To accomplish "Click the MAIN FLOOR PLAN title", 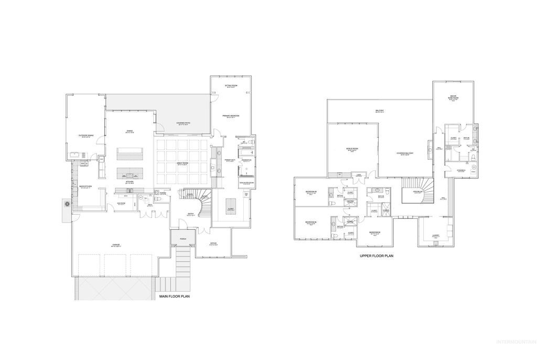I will pyautogui.click(x=174, y=297).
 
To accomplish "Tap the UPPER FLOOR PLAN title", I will pyautogui.click(x=376, y=256).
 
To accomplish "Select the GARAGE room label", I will pyautogui.click(x=115, y=245).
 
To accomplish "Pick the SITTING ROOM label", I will pyautogui.click(x=231, y=85).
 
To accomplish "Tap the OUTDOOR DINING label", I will pyautogui.click(x=85, y=136).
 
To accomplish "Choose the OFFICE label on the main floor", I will pyautogui.click(x=213, y=243).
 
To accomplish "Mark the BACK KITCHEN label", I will pyautogui.click(x=85, y=186).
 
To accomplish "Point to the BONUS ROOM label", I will pyautogui.click(x=352, y=148).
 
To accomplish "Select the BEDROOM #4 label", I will pyautogui.click(x=311, y=222).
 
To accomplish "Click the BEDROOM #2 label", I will pyautogui.click(x=374, y=232).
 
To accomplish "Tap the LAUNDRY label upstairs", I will pyautogui.click(x=435, y=235).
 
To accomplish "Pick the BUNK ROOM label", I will pyautogui.click(x=453, y=98).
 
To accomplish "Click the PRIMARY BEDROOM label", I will pyautogui.click(x=231, y=115).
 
